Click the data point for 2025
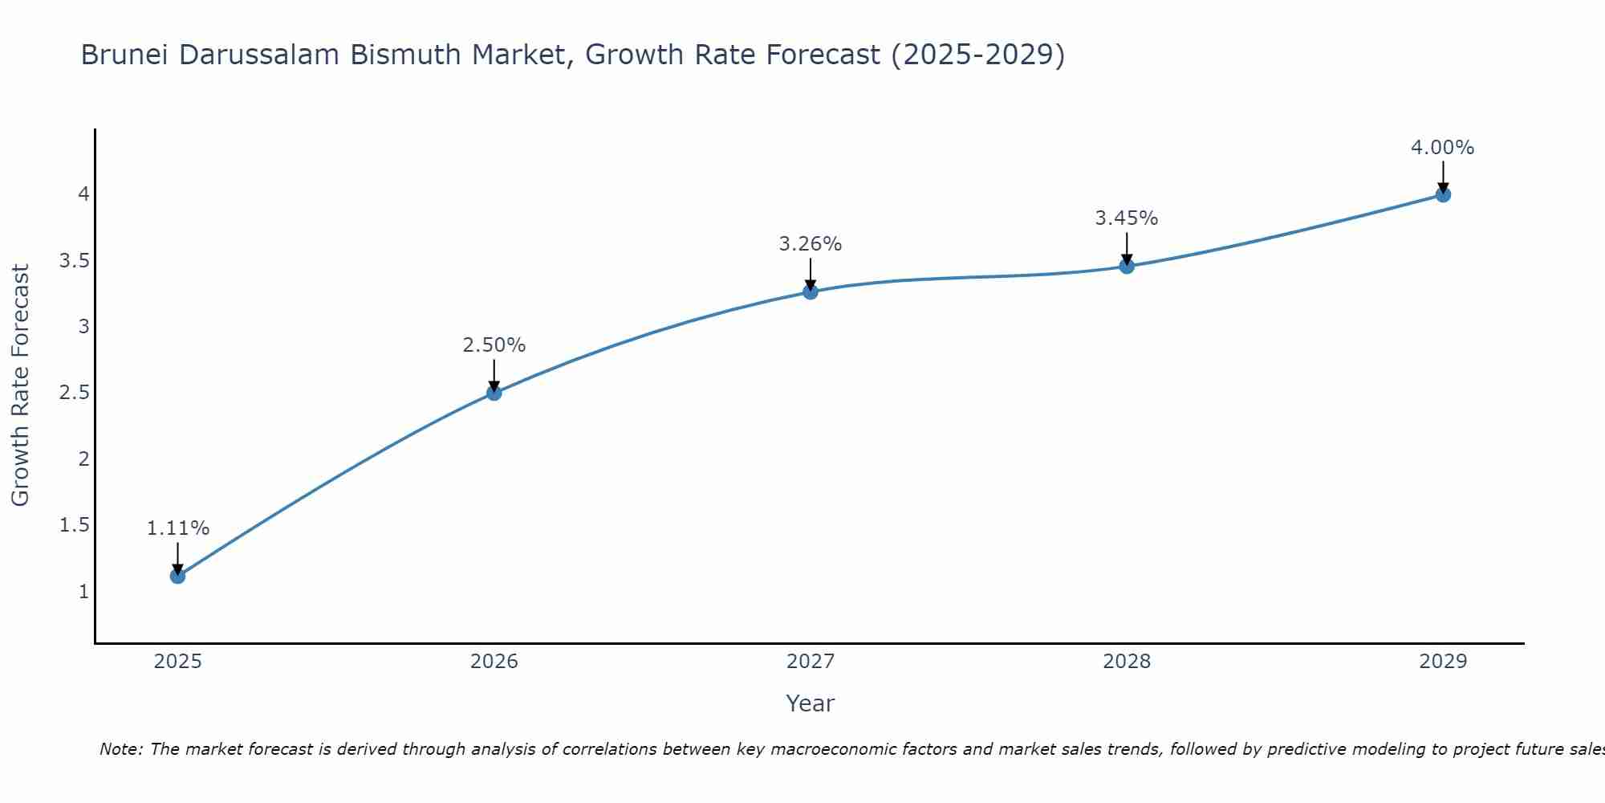pos(178,576)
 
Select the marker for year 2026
pos(494,393)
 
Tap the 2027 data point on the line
pos(811,291)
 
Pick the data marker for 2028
pos(1127,267)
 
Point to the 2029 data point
pos(1443,194)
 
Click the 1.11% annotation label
pos(178,528)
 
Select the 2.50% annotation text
pos(494,345)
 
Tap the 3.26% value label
pos(811,244)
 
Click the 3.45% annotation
pos(1127,218)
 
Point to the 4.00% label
pos(1443,148)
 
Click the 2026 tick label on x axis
pos(494,662)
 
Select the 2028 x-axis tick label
pos(1127,662)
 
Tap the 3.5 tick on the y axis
pos(75,261)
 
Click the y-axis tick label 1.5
pos(75,525)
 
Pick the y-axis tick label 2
pos(83,459)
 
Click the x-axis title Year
pos(811,703)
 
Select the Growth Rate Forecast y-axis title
pos(20,385)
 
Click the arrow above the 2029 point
pos(1443,175)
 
